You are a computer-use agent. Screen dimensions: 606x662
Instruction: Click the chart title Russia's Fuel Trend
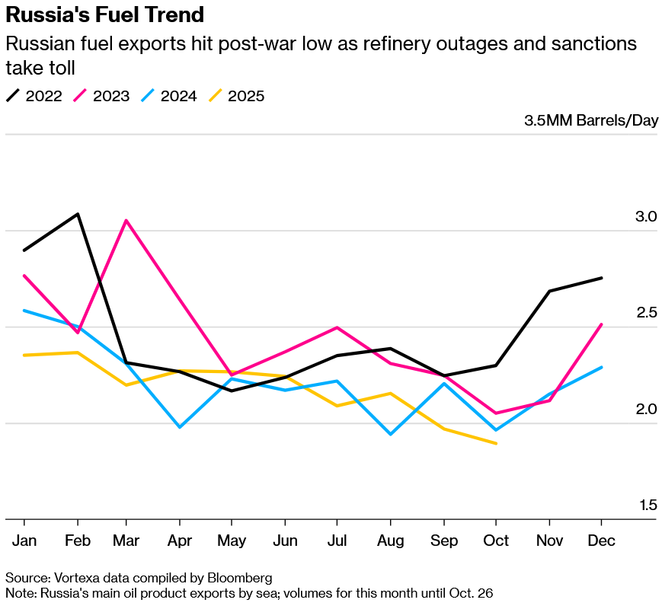(105, 14)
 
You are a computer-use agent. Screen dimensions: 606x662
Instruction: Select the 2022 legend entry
(34, 96)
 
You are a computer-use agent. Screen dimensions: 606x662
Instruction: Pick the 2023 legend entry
(101, 96)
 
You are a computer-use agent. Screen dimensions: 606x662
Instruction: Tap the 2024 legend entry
(168, 96)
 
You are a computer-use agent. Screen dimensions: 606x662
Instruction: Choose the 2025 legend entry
(236, 96)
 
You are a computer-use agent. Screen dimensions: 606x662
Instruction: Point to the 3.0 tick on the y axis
(646, 217)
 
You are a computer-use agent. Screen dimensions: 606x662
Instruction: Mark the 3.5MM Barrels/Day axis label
(590, 120)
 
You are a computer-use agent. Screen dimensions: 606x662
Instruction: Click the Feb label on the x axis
(78, 540)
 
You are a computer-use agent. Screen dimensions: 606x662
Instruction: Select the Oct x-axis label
(497, 540)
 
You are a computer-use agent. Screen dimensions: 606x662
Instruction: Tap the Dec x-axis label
(602, 540)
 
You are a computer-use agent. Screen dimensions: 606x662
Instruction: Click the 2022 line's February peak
(78, 214)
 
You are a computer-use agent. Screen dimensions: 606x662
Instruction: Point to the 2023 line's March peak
(126, 221)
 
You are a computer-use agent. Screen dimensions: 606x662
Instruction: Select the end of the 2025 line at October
(497, 443)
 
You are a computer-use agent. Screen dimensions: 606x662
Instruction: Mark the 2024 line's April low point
(179, 427)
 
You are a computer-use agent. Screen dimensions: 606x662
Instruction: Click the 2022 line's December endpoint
(602, 278)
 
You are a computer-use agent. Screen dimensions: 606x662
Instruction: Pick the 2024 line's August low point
(391, 434)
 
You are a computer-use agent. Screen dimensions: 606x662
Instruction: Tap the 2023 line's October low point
(497, 413)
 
